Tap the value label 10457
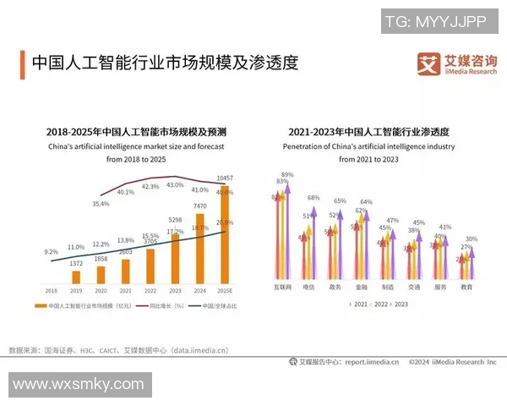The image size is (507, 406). pos(224,178)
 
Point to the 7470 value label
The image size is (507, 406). pos(199,206)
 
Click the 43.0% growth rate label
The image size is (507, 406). pos(175,184)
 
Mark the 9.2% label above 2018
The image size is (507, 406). pos(51,251)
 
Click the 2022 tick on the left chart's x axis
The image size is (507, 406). pos(150,289)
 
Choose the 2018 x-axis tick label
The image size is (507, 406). pos(51,289)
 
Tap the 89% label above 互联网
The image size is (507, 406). pos(287,174)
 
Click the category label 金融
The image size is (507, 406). pos(361,287)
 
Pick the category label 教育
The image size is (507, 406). pos(466,287)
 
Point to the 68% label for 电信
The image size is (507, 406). pos(313,197)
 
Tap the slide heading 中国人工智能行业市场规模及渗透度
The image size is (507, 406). pos(165,63)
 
